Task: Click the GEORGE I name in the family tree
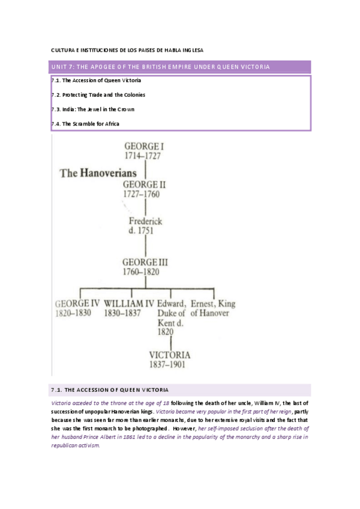pos(145,146)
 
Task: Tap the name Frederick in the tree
pos(145,221)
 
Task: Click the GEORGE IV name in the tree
pos(77,303)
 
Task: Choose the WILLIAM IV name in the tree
pos(129,303)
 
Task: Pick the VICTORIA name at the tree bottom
pos(170,354)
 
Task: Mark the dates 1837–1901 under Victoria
pos(167,364)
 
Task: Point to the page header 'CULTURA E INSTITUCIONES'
pos(131,50)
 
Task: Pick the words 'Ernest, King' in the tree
pos(213,303)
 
